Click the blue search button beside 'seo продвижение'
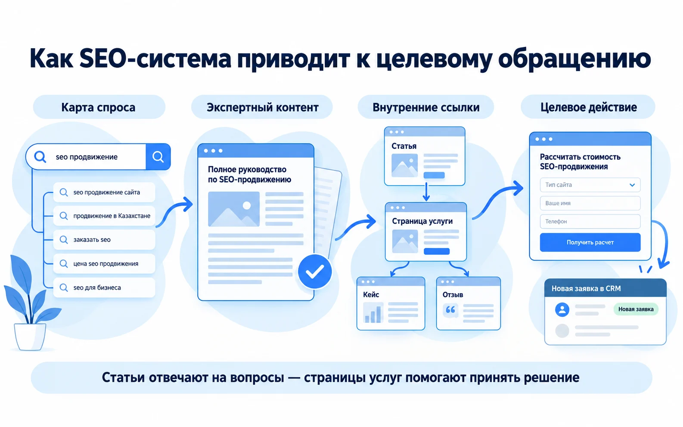tap(158, 157)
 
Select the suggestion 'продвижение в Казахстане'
tap(104, 216)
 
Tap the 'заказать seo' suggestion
tap(104, 240)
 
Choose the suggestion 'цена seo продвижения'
tap(104, 263)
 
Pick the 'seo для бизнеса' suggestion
tap(104, 288)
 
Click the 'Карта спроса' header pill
tap(99, 107)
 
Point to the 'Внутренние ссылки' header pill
tap(425, 107)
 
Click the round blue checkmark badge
tap(315, 271)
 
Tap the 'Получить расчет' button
tap(590, 242)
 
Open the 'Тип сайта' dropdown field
tap(590, 185)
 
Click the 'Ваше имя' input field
tap(590, 203)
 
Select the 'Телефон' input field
tap(590, 221)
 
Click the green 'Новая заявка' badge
tap(636, 309)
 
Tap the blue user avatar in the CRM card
tap(562, 309)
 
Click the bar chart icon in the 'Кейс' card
tap(373, 313)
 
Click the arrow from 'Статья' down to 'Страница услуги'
tap(426, 192)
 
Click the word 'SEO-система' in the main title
tap(155, 59)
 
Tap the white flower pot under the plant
tap(30, 337)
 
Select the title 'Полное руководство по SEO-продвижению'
tap(249, 174)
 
